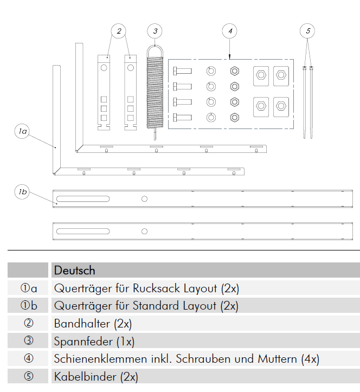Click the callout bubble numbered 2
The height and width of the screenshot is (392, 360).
(119, 31)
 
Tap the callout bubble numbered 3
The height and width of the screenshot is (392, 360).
(155, 31)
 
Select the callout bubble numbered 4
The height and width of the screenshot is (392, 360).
(230, 31)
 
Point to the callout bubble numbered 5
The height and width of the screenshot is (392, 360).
(307, 31)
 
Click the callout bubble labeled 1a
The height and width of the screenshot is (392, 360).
(22, 131)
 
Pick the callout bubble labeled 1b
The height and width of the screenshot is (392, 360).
(22, 191)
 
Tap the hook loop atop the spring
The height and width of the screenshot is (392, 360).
(155, 49)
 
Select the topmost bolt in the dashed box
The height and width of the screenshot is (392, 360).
(182, 70)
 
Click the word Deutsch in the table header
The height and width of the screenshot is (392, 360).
(74, 270)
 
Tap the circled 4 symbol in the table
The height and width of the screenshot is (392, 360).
(29, 359)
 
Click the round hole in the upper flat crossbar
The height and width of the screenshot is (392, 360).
(144, 199)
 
